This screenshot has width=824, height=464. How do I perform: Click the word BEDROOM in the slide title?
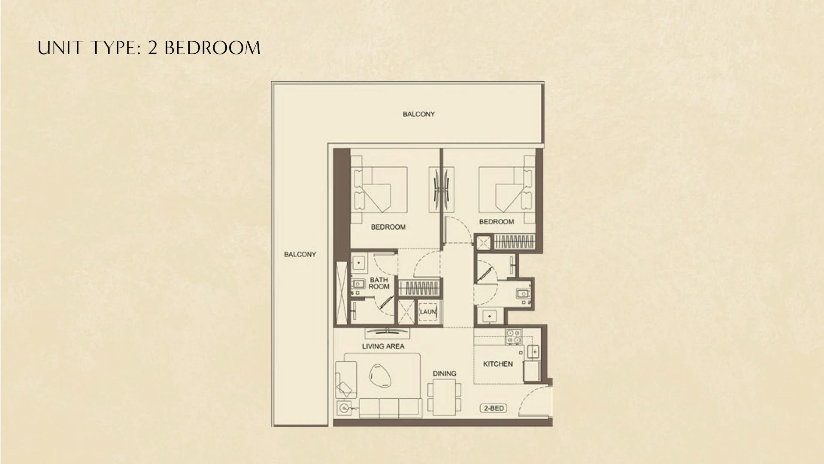[212, 48]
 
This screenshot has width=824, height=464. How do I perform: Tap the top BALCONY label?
[418, 114]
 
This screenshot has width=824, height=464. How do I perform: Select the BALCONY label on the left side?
[300, 254]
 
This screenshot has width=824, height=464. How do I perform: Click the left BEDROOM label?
[388, 227]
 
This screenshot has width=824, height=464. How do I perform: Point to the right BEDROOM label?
[496, 222]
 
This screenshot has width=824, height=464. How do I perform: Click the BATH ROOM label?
[379, 283]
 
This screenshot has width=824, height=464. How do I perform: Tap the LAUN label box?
[428, 312]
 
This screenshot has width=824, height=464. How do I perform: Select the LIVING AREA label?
[383, 346]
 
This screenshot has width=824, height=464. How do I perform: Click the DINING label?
[444, 373]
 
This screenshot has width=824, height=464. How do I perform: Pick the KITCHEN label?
[498, 364]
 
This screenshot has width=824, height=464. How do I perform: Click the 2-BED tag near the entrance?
[494, 408]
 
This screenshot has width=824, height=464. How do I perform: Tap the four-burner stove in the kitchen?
[514, 336]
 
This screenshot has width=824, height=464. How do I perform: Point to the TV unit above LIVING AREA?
[387, 331]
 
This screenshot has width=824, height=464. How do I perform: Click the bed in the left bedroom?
[380, 189]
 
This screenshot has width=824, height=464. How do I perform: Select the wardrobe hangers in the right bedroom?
[515, 242]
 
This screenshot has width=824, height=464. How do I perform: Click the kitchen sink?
[533, 352]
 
